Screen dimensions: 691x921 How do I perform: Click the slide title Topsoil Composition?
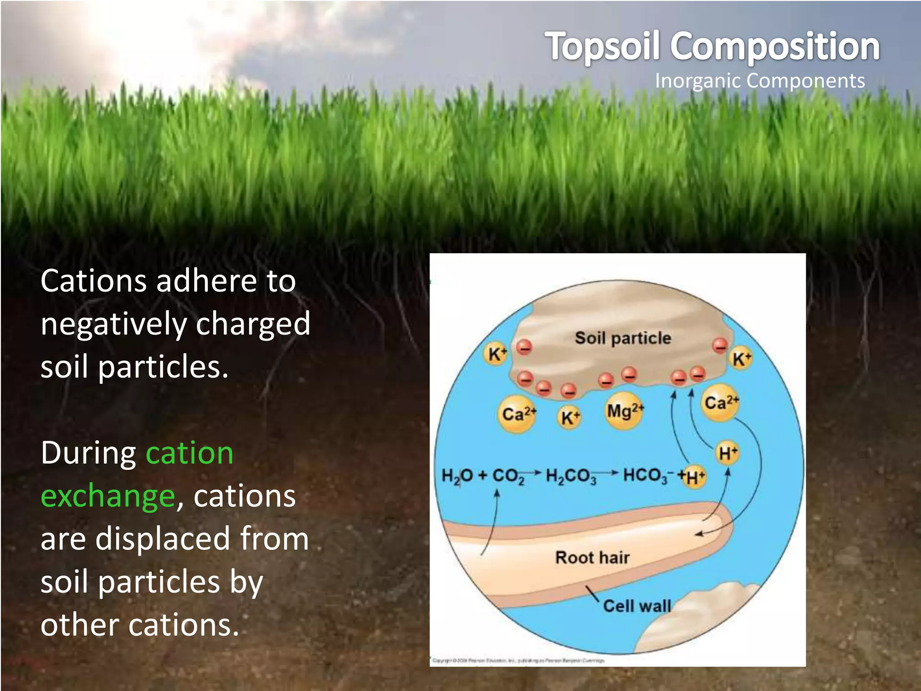(713, 46)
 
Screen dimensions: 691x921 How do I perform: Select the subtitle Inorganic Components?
(760, 81)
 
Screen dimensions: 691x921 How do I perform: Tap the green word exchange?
(107, 496)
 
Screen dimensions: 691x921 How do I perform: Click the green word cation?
(189, 453)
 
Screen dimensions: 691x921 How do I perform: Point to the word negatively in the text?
(113, 324)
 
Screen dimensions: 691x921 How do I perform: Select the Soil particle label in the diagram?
(623, 338)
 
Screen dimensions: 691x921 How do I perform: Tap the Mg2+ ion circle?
(625, 411)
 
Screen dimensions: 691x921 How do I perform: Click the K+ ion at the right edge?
(741, 359)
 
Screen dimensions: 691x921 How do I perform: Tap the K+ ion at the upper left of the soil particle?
(496, 354)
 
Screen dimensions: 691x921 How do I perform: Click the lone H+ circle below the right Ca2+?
(727, 453)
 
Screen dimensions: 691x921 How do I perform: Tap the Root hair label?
(592, 557)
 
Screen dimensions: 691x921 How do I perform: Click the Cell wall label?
(636, 606)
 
